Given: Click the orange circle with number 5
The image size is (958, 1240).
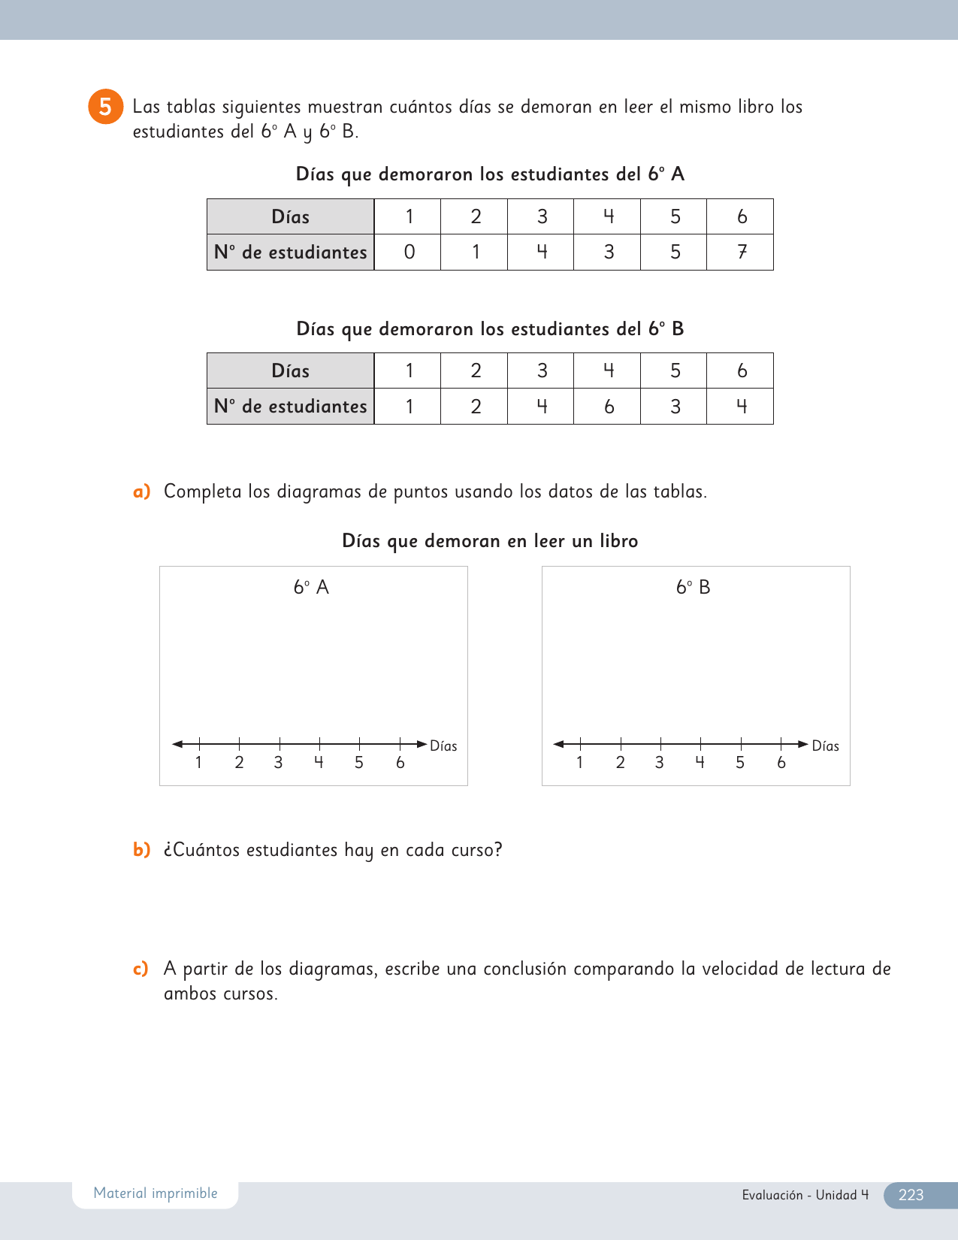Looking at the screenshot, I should click(105, 107).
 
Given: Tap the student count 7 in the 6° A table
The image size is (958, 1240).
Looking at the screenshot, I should click(742, 252).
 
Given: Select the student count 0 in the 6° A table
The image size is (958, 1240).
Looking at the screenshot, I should click(409, 252).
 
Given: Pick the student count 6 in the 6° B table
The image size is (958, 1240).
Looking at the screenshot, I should click(609, 407).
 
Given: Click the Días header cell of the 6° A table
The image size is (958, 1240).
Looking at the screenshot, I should click(290, 217).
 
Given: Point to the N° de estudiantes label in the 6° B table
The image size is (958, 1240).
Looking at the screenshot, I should click(290, 407).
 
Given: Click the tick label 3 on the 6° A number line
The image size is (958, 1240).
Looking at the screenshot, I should click(279, 763).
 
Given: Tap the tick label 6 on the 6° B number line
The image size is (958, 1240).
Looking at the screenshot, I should click(781, 763).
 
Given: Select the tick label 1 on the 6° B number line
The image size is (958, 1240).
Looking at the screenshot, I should click(579, 763).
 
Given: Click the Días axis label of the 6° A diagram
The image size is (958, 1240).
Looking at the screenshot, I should click(443, 746).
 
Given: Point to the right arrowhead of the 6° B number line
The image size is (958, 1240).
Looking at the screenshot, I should click(803, 744).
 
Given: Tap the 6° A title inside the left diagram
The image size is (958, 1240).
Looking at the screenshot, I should click(311, 587).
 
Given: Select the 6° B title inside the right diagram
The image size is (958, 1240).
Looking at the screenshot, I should click(693, 587).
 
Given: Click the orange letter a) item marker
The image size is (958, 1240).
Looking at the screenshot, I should click(141, 491).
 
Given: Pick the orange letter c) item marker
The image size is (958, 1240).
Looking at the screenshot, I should click(141, 969).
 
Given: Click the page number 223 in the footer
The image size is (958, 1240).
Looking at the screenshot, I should click(911, 1195).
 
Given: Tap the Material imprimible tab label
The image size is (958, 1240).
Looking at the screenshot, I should click(156, 1193).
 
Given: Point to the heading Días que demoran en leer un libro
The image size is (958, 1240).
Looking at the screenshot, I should click(490, 541).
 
